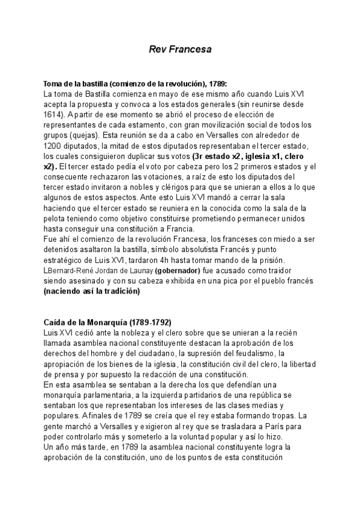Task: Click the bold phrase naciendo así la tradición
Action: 92,292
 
